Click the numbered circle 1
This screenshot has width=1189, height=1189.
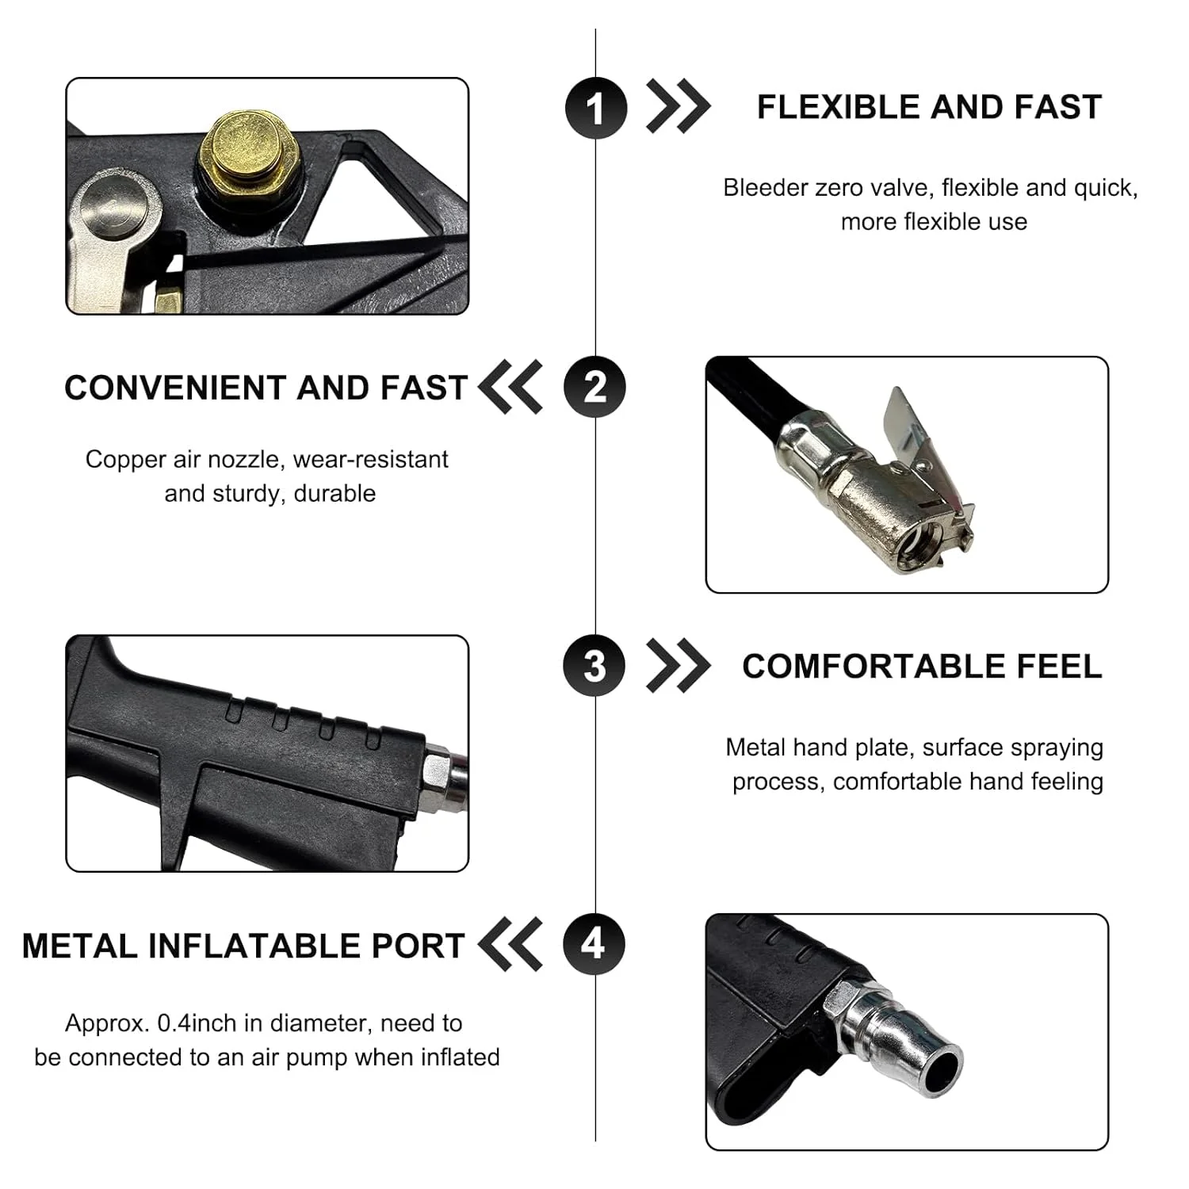[596, 108]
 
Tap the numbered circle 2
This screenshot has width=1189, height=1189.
[594, 388]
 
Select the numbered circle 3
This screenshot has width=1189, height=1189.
[594, 666]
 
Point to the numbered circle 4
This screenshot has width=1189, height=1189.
[594, 945]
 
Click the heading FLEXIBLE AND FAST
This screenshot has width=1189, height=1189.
[929, 107]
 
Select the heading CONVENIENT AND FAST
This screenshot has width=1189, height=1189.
[266, 388]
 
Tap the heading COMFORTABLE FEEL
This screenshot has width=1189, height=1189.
[922, 667]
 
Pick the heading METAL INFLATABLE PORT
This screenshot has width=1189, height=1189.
[243, 946]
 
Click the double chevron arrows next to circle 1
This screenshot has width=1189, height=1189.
[679, 106]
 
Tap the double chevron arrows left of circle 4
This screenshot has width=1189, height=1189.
[511, 944]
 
